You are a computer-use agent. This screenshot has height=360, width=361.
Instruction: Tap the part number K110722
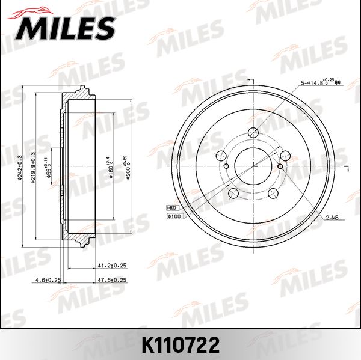(180, 344)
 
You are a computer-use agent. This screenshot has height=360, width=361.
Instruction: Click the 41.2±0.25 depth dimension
(112, 264)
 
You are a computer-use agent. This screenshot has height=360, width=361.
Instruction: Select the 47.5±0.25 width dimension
(112, 279)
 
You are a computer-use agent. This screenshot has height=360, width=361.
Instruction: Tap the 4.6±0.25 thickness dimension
(48, 279)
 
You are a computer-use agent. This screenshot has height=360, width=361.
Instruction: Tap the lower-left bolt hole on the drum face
(233, 192)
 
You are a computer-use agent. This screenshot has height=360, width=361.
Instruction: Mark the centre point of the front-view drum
(253, 166)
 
